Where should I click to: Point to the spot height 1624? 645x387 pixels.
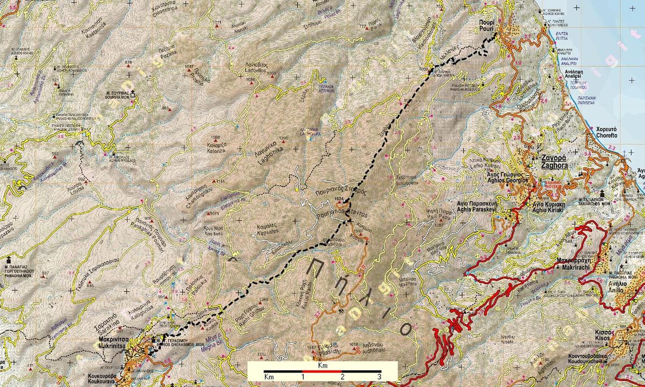tap(338, 199)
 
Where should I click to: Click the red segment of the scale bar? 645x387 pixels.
tap(321, 371)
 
